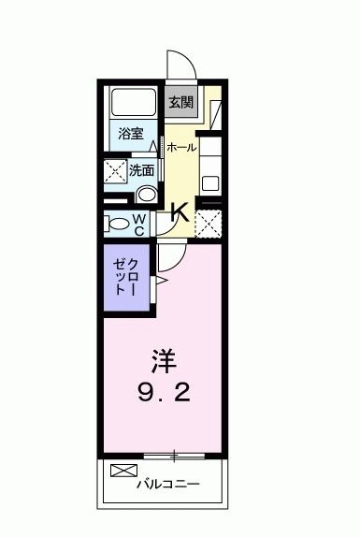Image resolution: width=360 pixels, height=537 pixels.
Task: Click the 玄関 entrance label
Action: click(180, 101)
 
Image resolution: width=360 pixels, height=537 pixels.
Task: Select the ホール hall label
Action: click(181, 148)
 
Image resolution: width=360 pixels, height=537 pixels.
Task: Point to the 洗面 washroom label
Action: click(142, 170)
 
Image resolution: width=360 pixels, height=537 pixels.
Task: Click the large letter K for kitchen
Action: click(180, 211)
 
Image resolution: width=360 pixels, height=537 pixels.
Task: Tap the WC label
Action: click(137, 224)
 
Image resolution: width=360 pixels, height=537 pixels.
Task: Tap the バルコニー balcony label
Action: click(169, 485)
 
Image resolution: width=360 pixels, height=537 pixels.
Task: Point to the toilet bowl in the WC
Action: click(116, 224)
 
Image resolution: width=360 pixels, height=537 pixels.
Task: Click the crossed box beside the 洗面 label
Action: click(116, 172)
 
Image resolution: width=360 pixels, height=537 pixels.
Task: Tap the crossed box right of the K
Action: click(209, 223)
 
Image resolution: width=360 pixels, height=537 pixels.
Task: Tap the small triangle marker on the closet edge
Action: click(160, 278)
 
